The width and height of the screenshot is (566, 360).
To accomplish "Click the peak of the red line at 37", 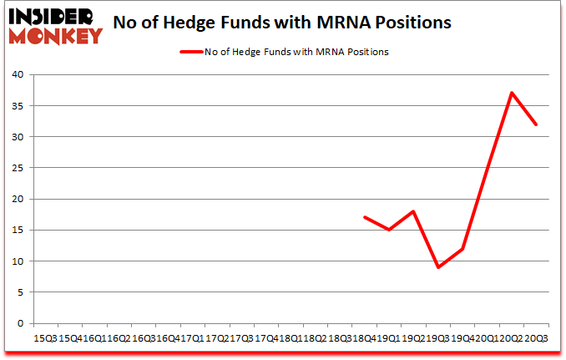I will tap(512, 93).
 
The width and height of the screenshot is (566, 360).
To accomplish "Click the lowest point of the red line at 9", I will tap(438, 267).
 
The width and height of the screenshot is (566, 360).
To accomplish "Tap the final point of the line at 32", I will tap(536, 124).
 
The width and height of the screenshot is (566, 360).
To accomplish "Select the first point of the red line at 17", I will tap(365, 217).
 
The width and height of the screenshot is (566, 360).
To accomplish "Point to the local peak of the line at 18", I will tap(413, 211).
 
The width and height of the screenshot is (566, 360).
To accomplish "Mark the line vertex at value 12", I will tap(462, 249).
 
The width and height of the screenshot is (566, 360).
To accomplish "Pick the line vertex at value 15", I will tap(389, 230).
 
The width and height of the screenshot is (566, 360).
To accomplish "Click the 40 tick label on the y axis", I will tap(18, 74).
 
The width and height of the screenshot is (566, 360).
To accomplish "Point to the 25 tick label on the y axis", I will tap(18, 168).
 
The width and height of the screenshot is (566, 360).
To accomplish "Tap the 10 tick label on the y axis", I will tap(18, 261).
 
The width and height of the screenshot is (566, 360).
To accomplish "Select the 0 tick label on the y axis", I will tap(22, 323).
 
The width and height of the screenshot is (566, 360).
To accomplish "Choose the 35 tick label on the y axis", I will tap(18, 106).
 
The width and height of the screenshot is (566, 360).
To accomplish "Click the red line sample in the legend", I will tap(189, 52).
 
